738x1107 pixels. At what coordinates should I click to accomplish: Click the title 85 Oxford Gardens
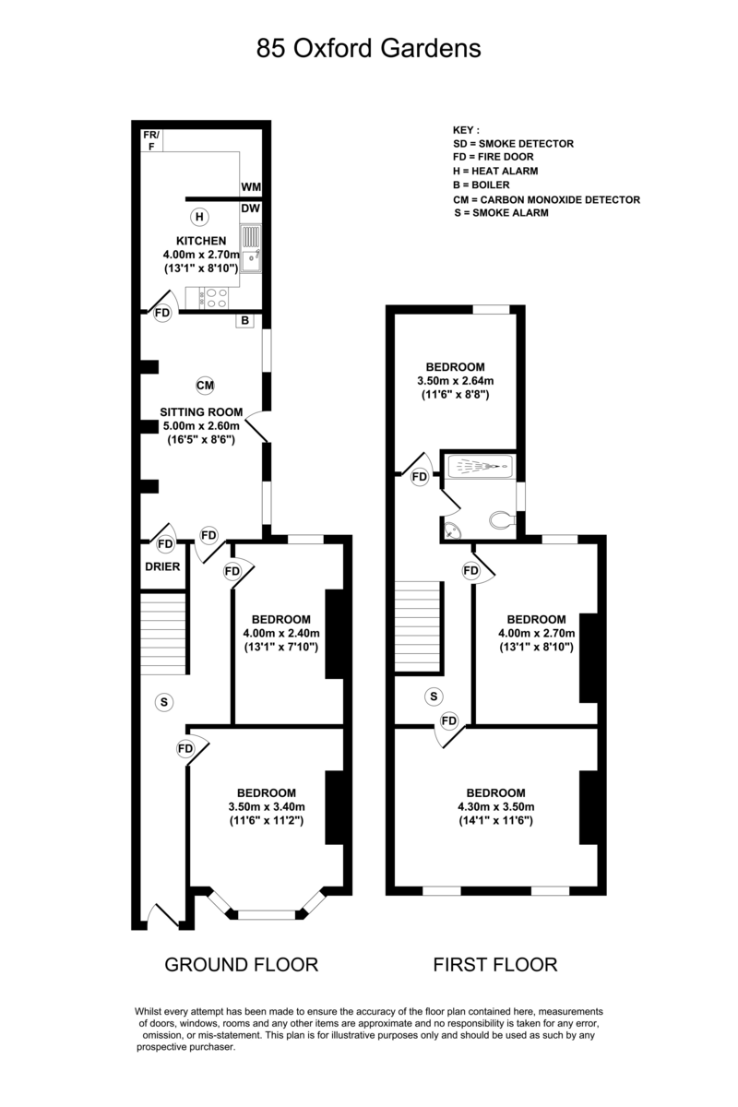coord(369,48)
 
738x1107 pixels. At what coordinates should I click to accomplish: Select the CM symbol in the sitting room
coord(205,384)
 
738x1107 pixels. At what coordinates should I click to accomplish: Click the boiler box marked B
coord(245,321)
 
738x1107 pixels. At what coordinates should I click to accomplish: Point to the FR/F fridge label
coord(151,139)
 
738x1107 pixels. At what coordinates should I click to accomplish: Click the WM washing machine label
coord(251,187)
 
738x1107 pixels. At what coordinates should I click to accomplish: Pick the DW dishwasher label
coord(251,208)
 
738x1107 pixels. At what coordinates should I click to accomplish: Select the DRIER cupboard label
coord(162,566)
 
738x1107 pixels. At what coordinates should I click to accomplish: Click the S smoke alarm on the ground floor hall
coord(163,703)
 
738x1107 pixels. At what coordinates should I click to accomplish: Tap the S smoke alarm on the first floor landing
coord(433,696)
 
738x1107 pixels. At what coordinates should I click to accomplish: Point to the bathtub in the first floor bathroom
coord(479,468)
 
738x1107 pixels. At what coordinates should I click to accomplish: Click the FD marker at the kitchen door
coord(163,314)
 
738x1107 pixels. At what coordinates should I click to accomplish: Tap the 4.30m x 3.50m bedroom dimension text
coord(495,807)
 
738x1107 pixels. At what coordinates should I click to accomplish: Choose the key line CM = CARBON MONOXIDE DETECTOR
coord(546,199)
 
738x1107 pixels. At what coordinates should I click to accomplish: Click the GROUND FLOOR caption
coord(241,965)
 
